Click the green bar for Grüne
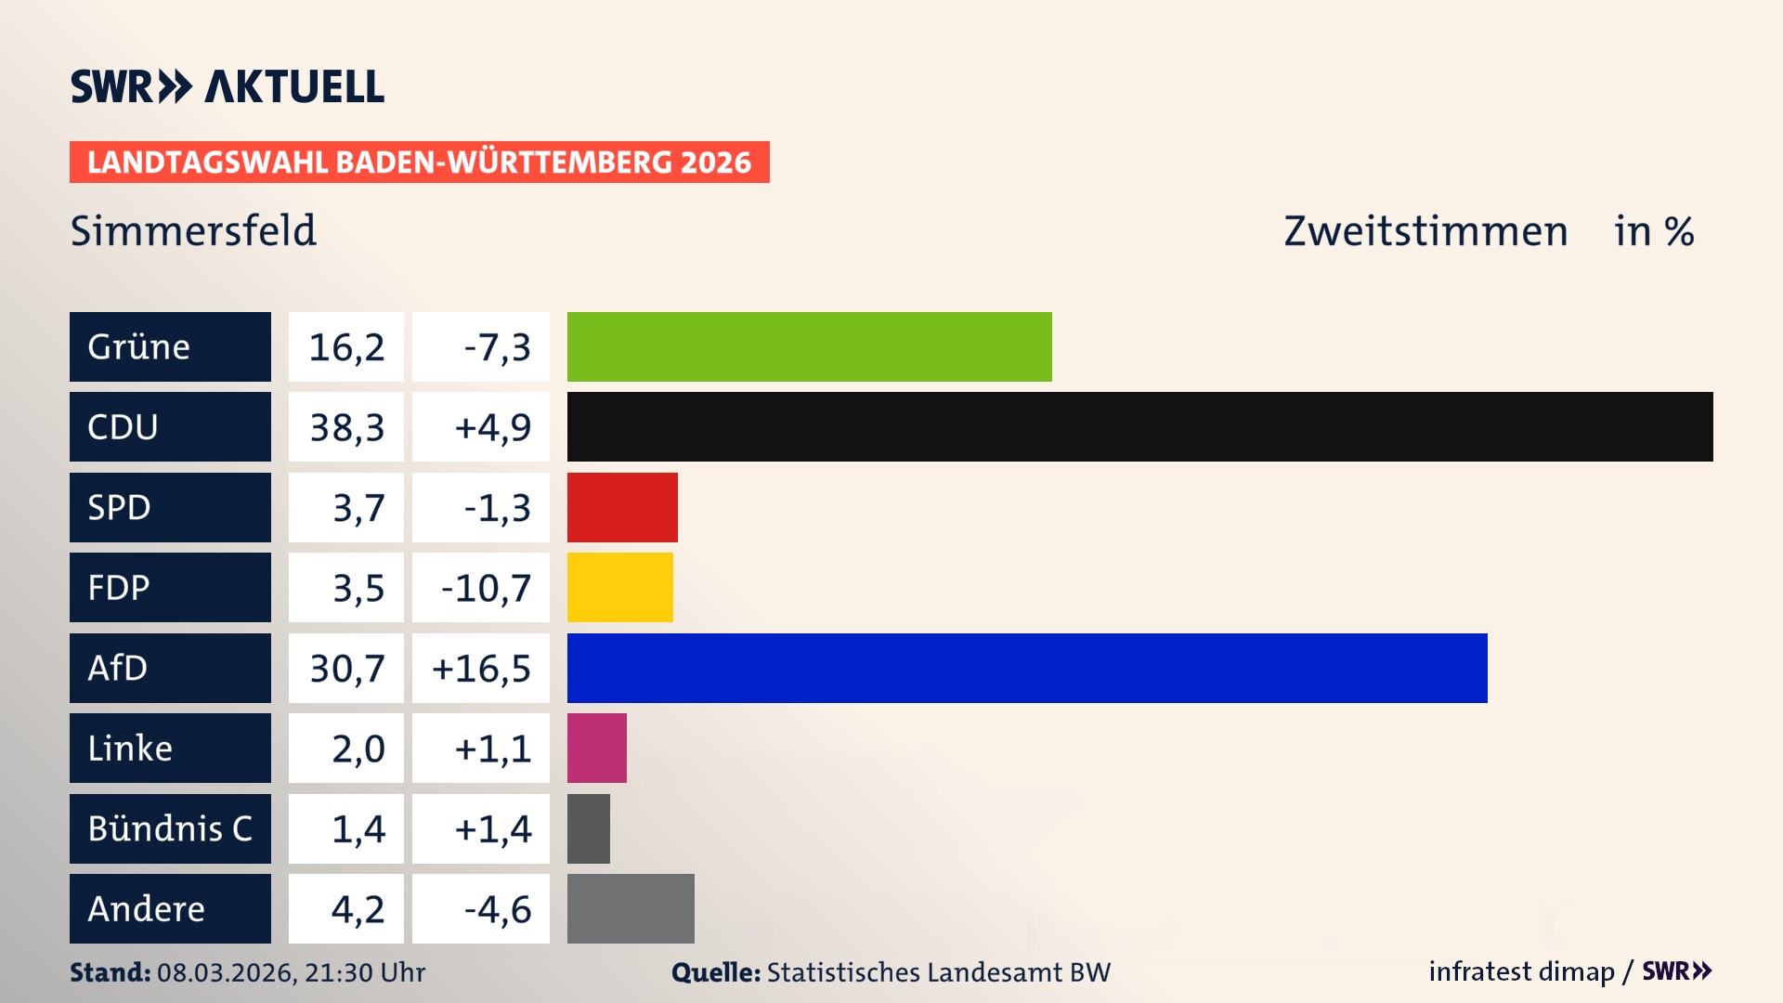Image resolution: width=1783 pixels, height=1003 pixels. (809, 346)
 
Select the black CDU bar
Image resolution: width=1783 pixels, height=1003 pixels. (1139, 426)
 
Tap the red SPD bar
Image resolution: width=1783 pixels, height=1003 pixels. (622, 507)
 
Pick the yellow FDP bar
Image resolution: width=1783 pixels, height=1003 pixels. (619, 587)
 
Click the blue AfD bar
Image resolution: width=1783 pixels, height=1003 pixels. (1026, 668)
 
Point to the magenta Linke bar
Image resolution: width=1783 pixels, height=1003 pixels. (596, 748)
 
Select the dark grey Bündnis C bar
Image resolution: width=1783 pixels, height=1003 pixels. (588, 828)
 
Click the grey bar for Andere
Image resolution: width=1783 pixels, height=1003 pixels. (631, 908)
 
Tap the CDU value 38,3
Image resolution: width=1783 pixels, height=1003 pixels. (346, 427)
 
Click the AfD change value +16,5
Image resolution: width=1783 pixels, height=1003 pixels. (481, 669)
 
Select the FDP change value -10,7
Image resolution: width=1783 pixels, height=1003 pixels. (485, 588)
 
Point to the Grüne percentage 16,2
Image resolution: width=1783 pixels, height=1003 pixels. (346, 347)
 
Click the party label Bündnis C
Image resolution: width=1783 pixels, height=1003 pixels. (170, 828)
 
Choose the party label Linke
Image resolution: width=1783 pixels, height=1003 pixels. (130, 748)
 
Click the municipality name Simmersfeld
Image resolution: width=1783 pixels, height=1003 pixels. (193, 230)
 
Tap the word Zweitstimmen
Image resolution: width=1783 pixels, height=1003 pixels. (1425, 231)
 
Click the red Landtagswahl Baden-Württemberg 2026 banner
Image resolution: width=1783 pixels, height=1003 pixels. (419, 163)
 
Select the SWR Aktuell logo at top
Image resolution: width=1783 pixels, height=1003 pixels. (228, 86)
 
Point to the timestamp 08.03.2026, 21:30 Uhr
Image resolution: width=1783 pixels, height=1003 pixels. (291, 972)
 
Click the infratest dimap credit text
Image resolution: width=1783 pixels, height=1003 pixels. (1521, 971)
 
